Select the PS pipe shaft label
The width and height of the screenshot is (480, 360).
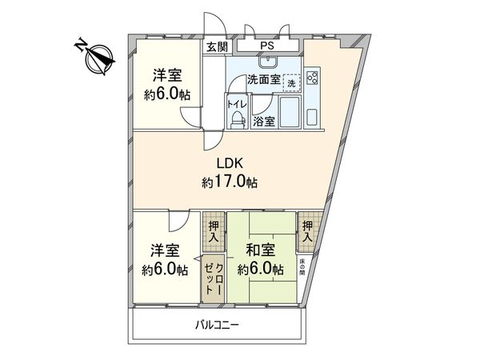(x=263, y=46)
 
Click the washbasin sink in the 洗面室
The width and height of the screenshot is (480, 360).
(x=268, y=63)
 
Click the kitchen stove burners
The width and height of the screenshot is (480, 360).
(x=312, y=79)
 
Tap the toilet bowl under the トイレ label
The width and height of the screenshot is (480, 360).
(x=237, y=119)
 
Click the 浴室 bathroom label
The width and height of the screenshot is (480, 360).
(x=264, y=122)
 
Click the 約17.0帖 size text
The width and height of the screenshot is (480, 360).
(x=230, y=182)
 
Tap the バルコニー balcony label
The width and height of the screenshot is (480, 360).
(x=217, y=325)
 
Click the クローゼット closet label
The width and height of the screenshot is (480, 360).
(x=214, y=274)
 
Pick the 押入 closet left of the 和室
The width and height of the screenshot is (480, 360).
(x=213, y=231)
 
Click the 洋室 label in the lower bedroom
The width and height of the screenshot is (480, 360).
(x=166, y=251)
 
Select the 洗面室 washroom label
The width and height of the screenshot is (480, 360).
(x=262, y=80)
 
